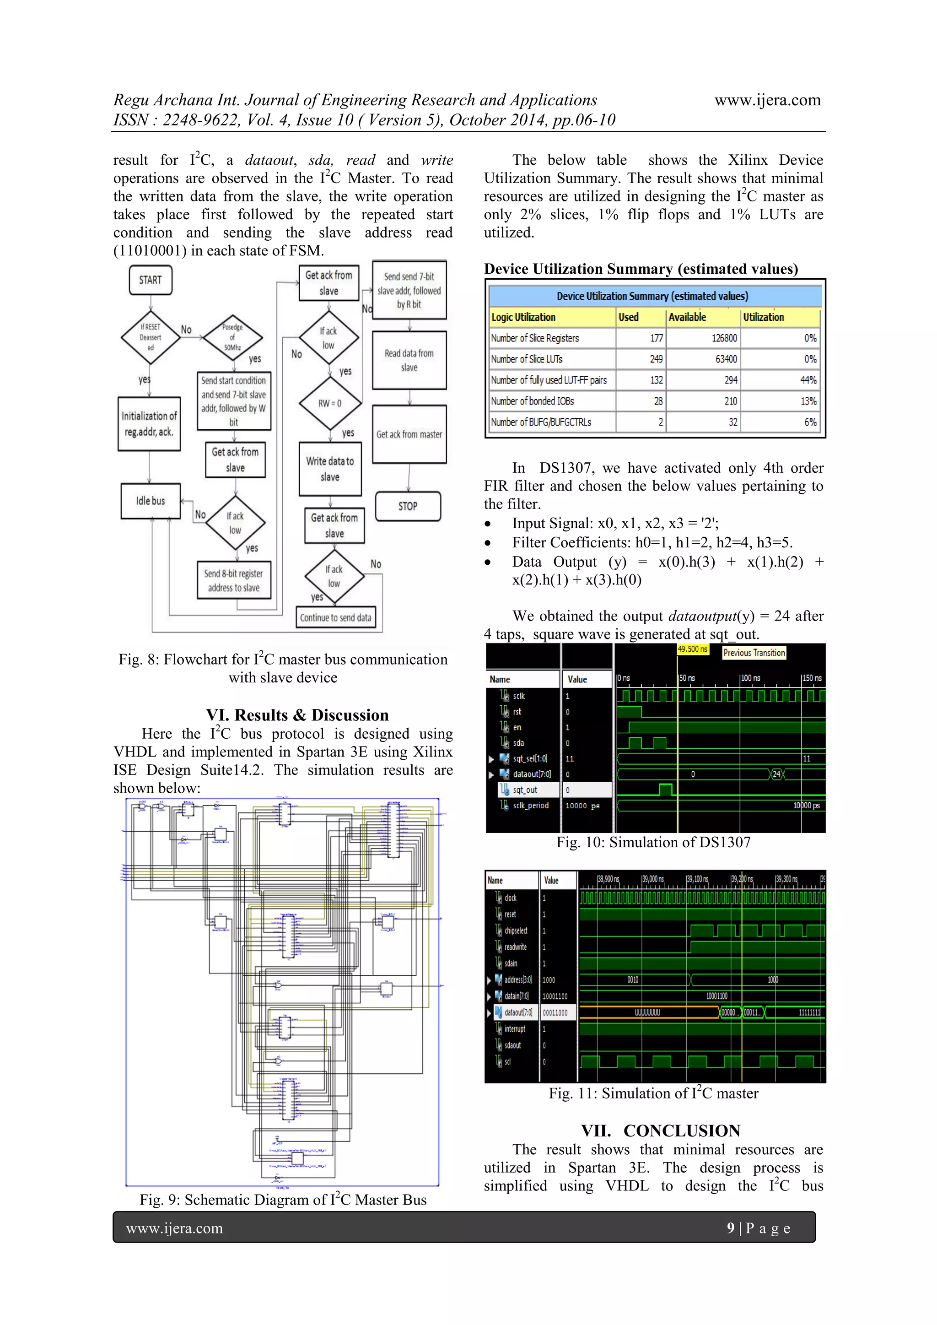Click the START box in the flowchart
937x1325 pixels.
coord(150,281)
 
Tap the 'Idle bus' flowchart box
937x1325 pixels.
coord(150,501)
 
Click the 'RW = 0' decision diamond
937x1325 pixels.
coord(329,403)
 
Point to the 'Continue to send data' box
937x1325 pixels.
coord(335,617)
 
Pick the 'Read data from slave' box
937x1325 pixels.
coord(409,360)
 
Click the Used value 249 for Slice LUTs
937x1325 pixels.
coord(656,359)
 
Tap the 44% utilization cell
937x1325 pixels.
coord(808,380)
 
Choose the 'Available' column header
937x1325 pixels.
coord(687,317)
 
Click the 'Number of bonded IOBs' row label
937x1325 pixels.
coord(532,401)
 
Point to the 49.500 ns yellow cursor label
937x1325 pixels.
coord(692,649)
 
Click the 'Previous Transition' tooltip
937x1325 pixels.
coord(754,653)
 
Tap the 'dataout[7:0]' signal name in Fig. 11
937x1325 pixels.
coord(518,1012)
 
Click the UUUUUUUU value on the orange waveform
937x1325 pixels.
coord(647,1012)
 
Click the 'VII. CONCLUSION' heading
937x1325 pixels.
coord(660,1130)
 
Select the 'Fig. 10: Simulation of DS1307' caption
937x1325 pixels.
coord(653,842)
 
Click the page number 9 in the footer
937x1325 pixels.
coord(731,1228)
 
